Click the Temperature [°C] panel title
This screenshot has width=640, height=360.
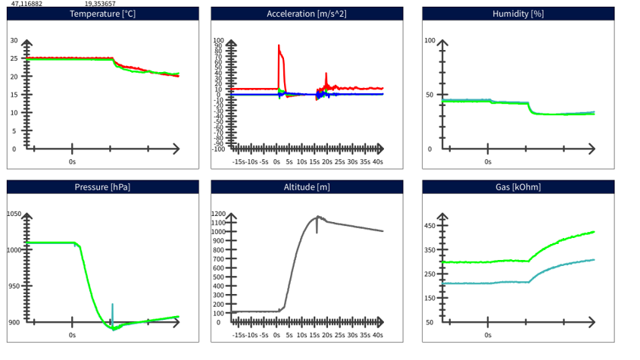click(x=102, y=14)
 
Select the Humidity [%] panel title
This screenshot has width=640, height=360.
click(x=518, y=14)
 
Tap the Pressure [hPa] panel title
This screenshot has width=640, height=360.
click(x=102, y=187)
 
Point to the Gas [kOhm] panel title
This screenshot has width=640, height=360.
click(x=518, y=187)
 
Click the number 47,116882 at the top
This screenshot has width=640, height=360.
click(x=27, y=4)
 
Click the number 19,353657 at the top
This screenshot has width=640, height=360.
click(x=100, y=4)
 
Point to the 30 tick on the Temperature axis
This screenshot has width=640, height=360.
click(x=14, y=40)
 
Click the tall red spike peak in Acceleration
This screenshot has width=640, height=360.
click(x=279, y=45)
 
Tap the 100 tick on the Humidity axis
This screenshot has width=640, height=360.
click(x=429, y=40)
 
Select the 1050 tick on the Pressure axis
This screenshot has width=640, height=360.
click(x=14, y=214)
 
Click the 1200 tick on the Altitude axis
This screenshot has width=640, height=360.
click(x=219, y=214)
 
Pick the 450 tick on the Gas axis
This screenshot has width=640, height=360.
click(x=429, y=226)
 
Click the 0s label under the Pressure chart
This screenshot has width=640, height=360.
click(x=73, y=334)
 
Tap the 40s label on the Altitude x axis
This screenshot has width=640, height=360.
click(x=377, y=334)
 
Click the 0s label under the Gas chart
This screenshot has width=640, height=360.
click(x=488, y=334)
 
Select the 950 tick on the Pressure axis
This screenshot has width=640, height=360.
click(x=14, y=286)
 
